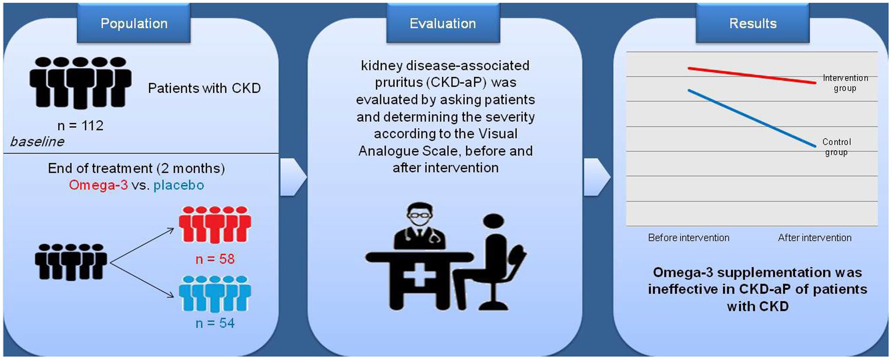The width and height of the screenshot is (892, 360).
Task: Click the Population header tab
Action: coord(134,23)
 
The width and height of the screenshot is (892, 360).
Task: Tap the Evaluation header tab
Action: coord(443,23)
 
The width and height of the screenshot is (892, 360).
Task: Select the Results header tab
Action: coord(753,23)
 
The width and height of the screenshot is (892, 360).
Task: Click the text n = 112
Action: coord(80,126)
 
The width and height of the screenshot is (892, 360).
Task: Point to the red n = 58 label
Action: coord(215,259)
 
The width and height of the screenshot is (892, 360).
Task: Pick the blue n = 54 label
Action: coord(215,323)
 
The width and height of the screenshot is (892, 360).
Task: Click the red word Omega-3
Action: coord(98,185)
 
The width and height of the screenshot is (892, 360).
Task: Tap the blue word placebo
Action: coord(179,186)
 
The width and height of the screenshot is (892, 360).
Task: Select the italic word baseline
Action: coord(37,142)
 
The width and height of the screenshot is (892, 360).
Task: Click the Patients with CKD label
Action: coord(204,88)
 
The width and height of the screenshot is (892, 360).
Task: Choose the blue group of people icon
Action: coord(215,293)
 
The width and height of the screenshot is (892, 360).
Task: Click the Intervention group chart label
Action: coord(845,83)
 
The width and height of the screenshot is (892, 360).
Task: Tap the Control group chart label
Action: coord(837,147)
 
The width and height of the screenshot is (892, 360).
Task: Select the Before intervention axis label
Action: coord(688,238)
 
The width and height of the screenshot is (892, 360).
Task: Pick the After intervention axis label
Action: coord(815,238)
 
